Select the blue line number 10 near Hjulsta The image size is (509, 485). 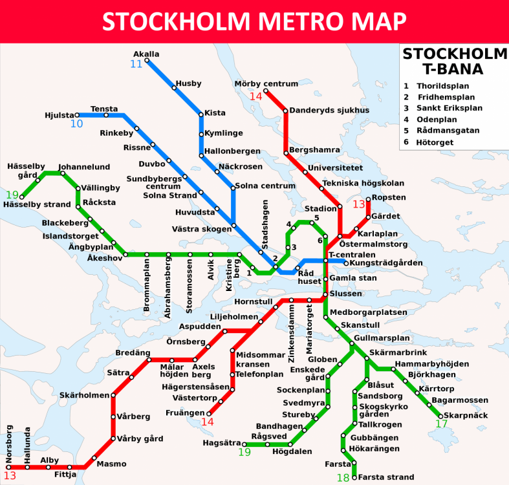click(x=76, y=124)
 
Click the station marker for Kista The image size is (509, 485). click(x=201, y=114)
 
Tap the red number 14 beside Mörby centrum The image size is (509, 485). click(x=256, y=96)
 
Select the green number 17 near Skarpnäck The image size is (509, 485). click(x=442, y=424)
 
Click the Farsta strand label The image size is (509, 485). click(x=385, y=477)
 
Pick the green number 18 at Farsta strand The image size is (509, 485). click(x=342, y=478)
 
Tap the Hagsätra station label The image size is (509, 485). click(x=221, y=444)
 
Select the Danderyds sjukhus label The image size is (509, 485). click(x=329, y=110)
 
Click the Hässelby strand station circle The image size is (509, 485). click(x=21, y=197)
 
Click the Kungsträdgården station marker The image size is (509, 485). click(x=346, y=263)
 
